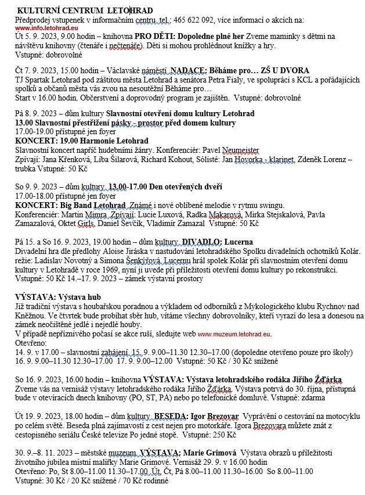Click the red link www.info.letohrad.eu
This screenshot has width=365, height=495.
[45, 27]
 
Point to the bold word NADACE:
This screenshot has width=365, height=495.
[190, 70]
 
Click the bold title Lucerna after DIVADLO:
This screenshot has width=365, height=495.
[237, 241]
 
